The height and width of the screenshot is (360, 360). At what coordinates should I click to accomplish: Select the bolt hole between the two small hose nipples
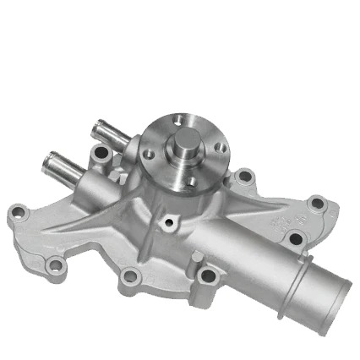coord(102,155)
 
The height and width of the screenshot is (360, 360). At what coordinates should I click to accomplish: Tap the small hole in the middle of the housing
coord(169,222)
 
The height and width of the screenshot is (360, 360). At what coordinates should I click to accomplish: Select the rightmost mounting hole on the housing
coord(317,204)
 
